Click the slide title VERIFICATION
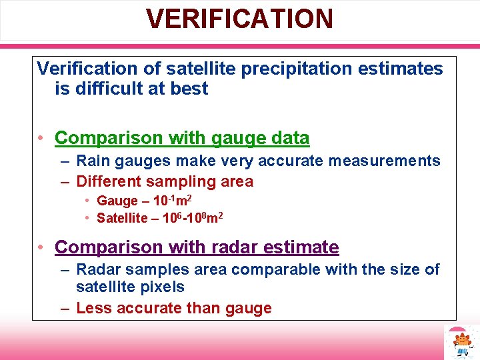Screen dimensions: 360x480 (x=240, y=19)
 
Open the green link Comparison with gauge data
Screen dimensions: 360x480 (x=182, y=138)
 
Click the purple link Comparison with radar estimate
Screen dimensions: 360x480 (x=197, y=247)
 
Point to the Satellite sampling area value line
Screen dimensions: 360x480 (x=159, y=218)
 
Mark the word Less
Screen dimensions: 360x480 (x=92, y=308)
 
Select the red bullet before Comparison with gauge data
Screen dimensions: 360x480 (x=41, y=139)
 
